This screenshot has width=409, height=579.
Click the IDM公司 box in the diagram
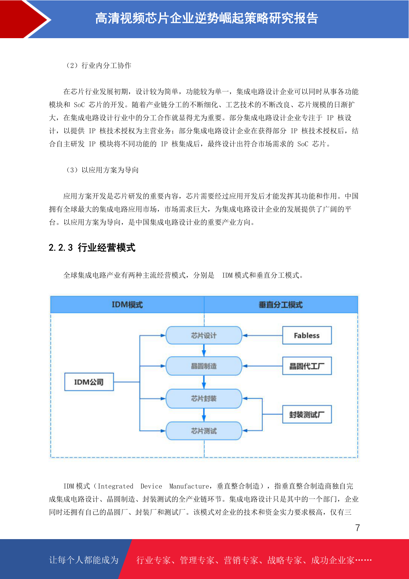coord(89,382)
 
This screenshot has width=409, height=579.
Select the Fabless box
coord(307,335)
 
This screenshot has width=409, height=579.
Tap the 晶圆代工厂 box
coord(307,366)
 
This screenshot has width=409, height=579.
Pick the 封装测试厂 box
coord(307,414)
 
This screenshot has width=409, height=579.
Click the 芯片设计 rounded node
coord(204,335)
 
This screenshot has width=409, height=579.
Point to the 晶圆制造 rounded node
coord(204,366)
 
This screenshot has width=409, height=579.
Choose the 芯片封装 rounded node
coord(204,398)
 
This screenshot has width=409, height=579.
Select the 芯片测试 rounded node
coord(204,430)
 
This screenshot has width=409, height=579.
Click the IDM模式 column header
coord(127,305)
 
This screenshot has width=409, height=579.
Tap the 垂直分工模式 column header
coord(281,305)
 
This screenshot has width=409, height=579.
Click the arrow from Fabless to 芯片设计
coord(262,335)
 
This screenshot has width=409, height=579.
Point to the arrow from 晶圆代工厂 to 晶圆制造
coord(262,366)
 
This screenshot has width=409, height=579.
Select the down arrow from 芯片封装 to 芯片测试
coord(204,415)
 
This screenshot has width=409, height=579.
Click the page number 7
coord(357,528)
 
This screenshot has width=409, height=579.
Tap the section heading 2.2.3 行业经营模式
coord(92,247)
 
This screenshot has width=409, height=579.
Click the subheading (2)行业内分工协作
coord(98,65)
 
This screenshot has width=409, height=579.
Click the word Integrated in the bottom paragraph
coord(115,486)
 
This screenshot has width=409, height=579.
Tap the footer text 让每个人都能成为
coord(84,560)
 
